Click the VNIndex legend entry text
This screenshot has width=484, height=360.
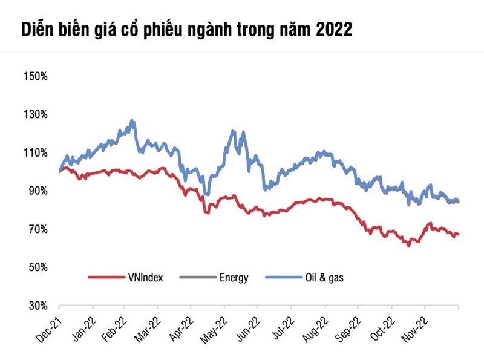tap(145, 278)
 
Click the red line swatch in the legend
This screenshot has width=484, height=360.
tap(105, 278)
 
